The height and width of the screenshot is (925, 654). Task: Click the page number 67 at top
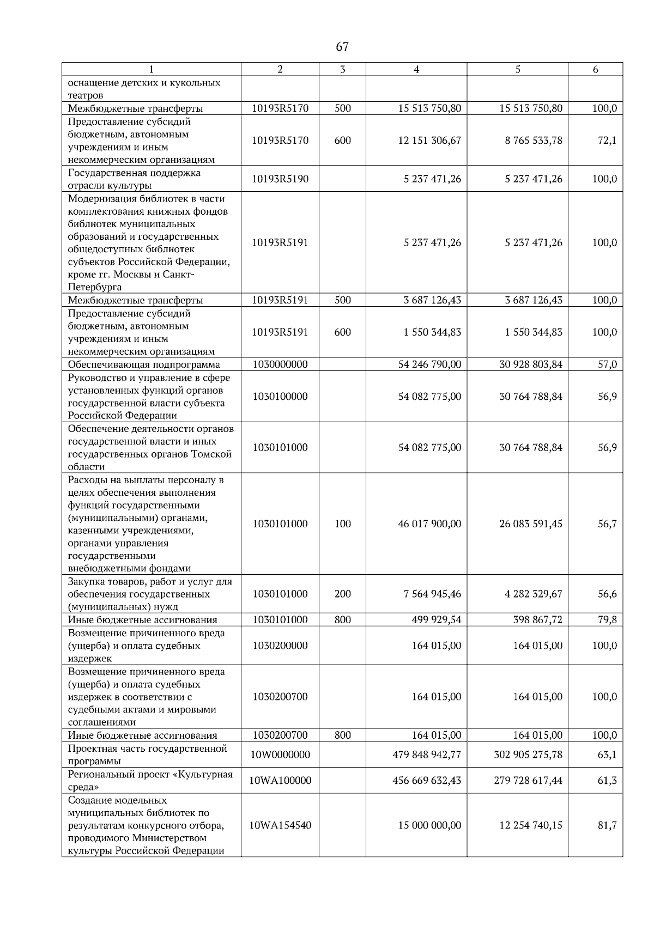coord(342,47)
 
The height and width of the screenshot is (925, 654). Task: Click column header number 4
coord(416,69)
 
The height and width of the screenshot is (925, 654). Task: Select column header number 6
coord(595,69)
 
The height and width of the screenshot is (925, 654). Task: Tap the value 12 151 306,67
coord(429,141)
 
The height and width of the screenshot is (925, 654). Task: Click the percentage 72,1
coord(607,141)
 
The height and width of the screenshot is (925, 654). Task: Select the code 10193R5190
coord(280,179)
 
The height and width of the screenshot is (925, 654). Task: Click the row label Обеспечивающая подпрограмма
coord(144,364)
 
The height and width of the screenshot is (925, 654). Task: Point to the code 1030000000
coord(280,364)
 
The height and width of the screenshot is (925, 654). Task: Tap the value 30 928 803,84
coord(531,364)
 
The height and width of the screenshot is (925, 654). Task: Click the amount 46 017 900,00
coord(429,524)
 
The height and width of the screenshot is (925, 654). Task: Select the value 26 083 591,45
coord(531,524)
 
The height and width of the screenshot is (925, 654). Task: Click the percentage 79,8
coord(607,620)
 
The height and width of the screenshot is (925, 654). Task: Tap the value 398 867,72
coord(537,620)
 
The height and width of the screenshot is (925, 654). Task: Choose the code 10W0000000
coord(280,755)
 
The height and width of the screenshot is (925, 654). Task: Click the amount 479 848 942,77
coord(427,755)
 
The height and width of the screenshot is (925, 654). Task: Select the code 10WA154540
coord(280,825)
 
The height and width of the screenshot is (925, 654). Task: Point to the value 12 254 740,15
coord(531,825)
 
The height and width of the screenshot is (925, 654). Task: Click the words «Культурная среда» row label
coord(150,781)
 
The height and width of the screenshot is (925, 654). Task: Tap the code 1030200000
coord(280,646)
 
